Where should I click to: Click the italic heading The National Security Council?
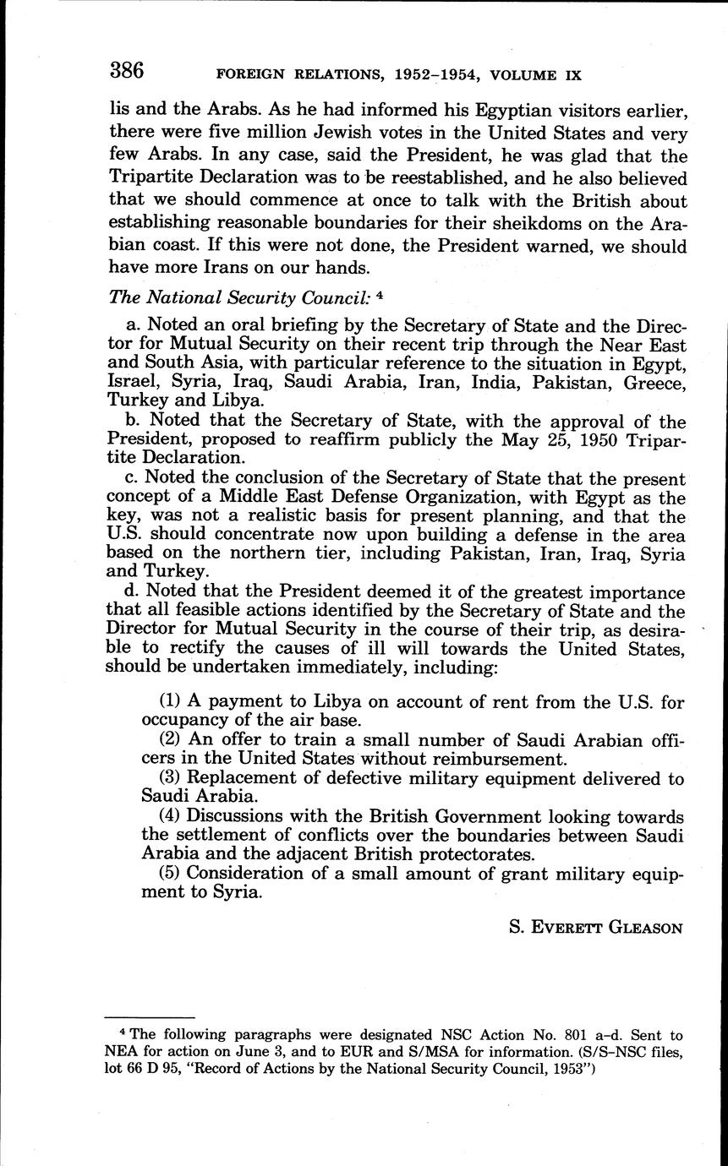pyautogui.click(x=238, y=297)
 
